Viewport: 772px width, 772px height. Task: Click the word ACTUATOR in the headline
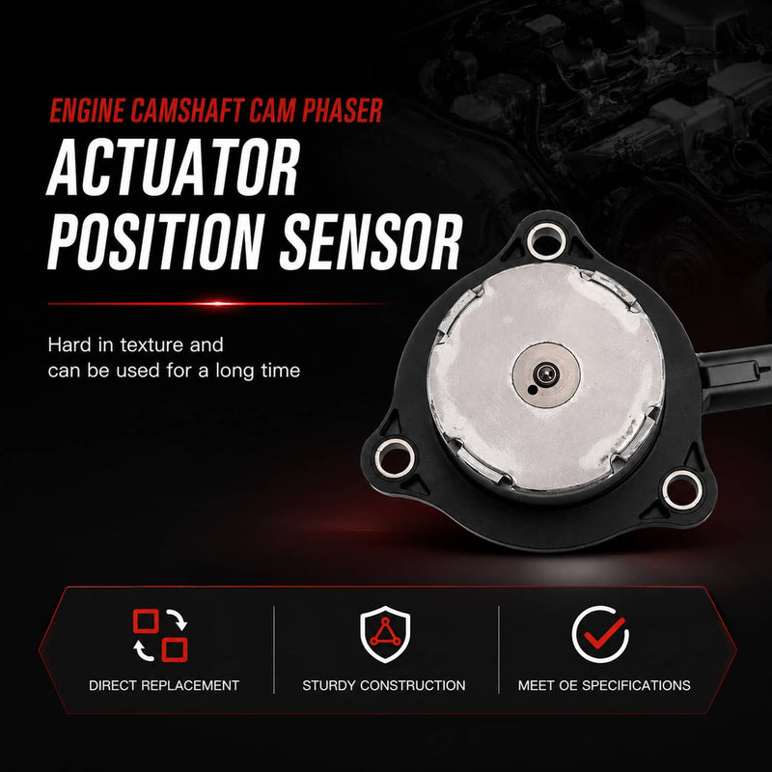click(174, 167)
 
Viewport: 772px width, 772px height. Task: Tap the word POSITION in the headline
click(155, 242)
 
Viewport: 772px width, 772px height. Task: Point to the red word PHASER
click(343, 110)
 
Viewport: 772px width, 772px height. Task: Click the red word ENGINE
click(87, 110)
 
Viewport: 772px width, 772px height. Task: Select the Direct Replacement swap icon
click(160, 635)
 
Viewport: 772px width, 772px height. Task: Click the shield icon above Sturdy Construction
click(385, 634)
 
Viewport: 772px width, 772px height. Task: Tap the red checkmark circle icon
click(600, 634)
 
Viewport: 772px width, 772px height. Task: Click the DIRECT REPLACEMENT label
click(164, 685)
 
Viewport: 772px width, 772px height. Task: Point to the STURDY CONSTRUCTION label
click(383, 685)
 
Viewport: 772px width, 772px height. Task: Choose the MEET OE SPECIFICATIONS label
click(604, 685)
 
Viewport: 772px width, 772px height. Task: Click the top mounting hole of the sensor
click(545, 240)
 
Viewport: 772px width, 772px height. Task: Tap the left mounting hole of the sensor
click(394, 457)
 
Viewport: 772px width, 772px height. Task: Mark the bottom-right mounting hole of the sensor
click(682, 489)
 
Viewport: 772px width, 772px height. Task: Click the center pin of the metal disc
click(545, 374)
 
